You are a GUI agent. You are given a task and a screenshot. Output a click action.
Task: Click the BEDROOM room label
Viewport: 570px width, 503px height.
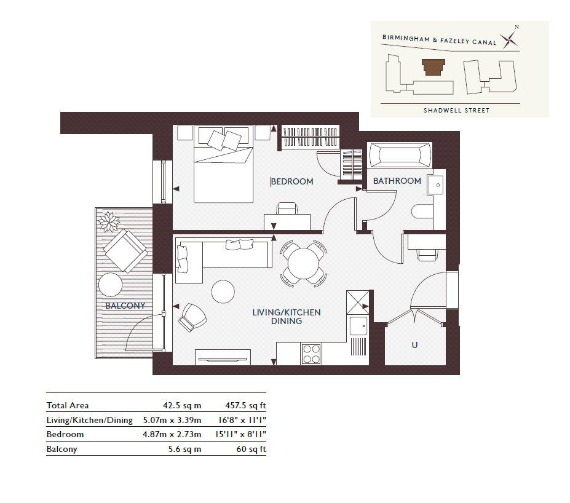292,181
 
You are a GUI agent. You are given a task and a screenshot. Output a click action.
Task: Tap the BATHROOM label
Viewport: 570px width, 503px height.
397,181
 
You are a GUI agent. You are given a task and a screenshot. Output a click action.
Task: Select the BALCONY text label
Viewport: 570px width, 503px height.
125,306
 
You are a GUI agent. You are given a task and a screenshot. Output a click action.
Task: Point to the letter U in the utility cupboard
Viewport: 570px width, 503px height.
414,344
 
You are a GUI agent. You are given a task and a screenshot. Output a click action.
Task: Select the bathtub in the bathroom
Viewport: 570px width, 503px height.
400,155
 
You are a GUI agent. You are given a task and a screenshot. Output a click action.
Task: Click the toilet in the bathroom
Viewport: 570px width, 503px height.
422,212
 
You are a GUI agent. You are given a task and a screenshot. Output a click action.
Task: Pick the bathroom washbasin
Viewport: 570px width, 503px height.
435,185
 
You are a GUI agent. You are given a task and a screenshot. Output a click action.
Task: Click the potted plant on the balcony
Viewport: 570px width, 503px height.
109,221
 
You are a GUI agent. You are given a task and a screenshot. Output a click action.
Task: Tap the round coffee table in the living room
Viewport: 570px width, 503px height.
223,291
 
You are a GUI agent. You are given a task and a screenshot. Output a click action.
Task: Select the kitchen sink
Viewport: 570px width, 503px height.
358,326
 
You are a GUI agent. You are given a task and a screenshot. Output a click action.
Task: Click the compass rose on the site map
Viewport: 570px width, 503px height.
510,39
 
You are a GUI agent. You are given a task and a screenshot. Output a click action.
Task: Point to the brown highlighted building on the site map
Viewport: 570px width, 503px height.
433,67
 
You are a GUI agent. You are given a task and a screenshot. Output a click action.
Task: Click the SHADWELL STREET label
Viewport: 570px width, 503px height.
457,110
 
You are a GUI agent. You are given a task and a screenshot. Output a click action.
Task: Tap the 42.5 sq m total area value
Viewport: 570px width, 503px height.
182,406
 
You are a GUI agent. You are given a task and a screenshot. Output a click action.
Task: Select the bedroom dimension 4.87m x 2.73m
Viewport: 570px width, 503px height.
172,434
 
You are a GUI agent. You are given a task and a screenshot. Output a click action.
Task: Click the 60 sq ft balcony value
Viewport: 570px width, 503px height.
251,450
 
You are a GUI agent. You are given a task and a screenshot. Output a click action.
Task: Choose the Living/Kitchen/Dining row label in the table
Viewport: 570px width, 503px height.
89,421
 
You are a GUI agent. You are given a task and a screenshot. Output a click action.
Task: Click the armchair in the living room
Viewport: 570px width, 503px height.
192,317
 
